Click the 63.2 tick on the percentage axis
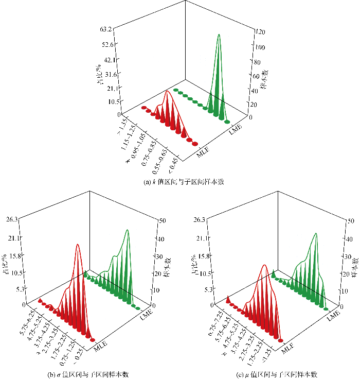click(106, 29)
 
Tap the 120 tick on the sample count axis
click(260, 32)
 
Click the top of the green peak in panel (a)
click(219, 35)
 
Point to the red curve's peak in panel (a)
click(167, 91)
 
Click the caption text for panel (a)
click(179, 181)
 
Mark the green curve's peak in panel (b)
click(127, 230)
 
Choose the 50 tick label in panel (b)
click(164, 220)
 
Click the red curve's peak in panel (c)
click(264, 265)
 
